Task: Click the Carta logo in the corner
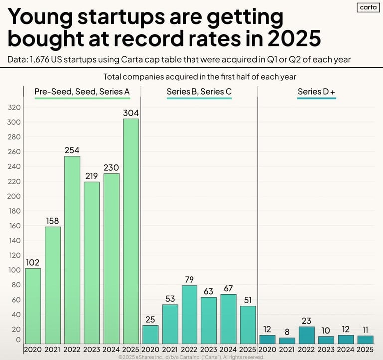(x=368, y=7)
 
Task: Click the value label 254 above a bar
(x=72, y=150)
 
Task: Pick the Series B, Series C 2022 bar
(x=190, y=314)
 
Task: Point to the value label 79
(x=190, y=279)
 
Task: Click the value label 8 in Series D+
(x=287, y=331)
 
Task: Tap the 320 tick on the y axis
(x=14, y=107)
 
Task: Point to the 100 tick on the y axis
(x=14, y=270)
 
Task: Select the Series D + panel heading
(x=316, y=92)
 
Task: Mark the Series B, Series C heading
(x=199, y=92)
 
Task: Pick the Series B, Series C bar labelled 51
(x=248, y=324)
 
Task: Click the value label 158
(x=53, y=220)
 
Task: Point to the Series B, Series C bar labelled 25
(x=150, y=334)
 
